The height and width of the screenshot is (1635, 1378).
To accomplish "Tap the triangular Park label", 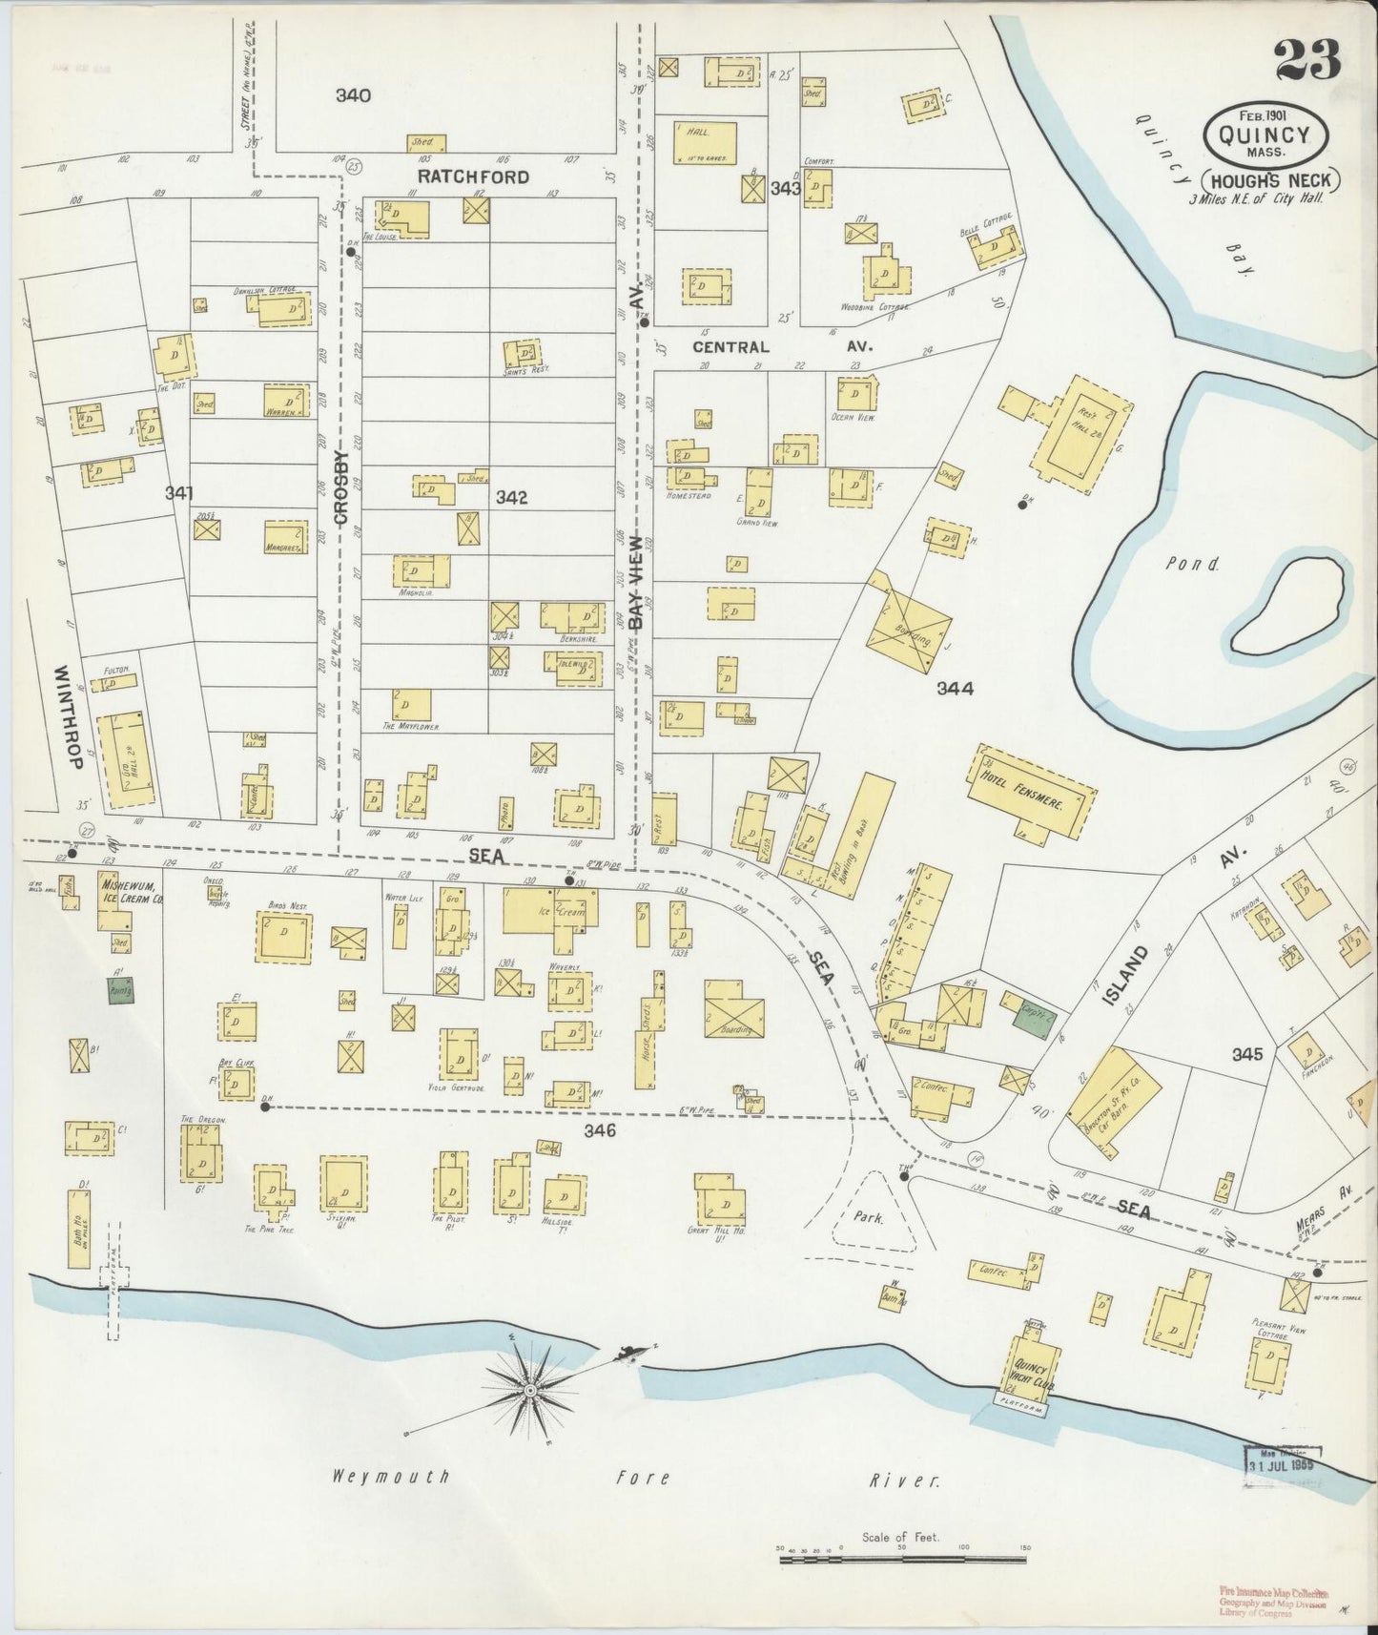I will pos(869,1217).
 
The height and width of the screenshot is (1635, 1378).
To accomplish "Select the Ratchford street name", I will pos(473,176).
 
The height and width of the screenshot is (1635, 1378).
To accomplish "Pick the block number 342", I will pos(512,497).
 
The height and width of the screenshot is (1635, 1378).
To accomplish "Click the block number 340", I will pos(353,95).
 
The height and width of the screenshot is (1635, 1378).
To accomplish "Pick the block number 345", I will pos(1247,1054).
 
